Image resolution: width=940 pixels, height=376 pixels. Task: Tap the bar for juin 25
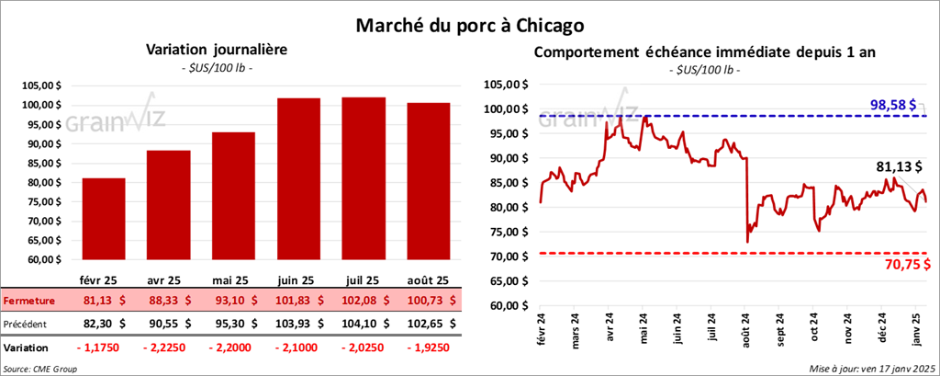click(x=298, y=179)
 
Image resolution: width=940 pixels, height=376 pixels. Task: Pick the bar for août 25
click(x=428, y=181)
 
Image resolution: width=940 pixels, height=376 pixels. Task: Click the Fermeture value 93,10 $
click(x=233, y=300)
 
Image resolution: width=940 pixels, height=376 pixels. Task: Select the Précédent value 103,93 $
click(x=298, y=324)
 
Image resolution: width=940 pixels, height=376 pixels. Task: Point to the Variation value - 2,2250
click(x=168, y=348)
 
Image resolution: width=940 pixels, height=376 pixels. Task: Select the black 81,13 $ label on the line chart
click(x=893, y=167)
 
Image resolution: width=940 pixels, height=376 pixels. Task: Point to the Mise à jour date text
click(x=872, y=367)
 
